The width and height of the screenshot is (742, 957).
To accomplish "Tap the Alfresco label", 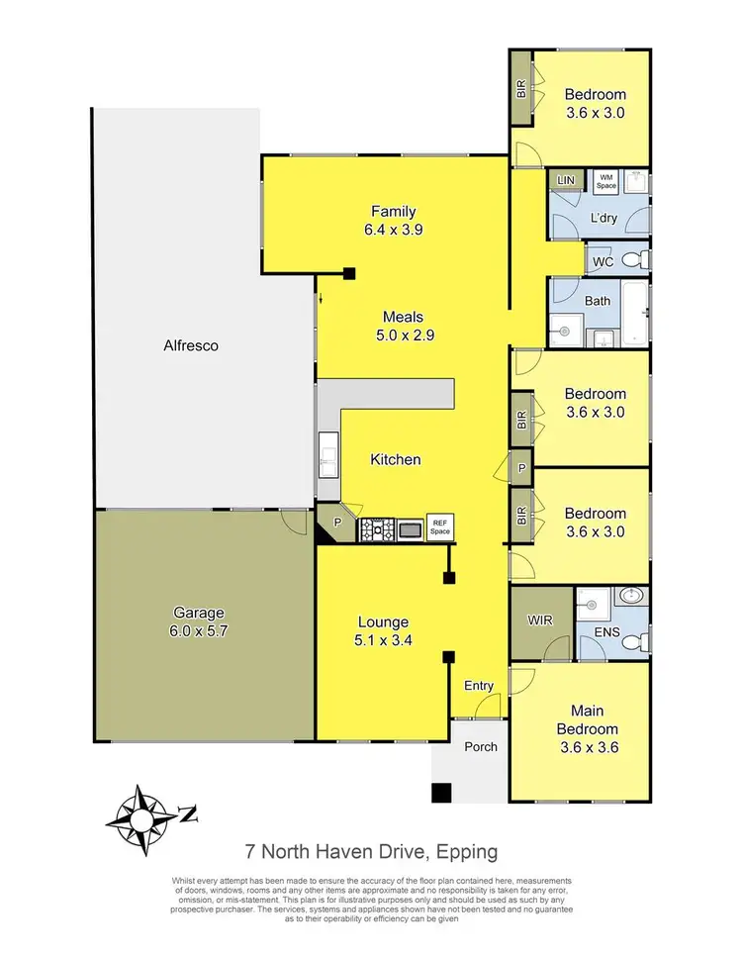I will [x=191, y=346].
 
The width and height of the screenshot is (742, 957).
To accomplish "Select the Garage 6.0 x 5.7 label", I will [x=198, y=621].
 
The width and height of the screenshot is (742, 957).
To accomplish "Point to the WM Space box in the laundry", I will [x=605, y=181].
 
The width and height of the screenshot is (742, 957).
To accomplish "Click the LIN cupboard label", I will [x=566, y=180].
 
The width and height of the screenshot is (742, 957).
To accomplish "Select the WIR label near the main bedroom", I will [x=541, y=622].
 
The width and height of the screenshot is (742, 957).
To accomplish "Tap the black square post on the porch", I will [x=441, y=792].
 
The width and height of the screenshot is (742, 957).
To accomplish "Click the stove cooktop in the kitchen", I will [x=376, y=529].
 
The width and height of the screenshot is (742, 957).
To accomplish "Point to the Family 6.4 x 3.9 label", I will [x=393, y=220].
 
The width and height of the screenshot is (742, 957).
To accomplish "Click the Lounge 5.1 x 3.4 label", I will [x=383, y=631].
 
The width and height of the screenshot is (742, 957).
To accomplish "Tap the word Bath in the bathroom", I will [x=598, y=301].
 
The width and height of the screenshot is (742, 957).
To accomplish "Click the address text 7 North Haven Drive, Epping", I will [x=371, y=851].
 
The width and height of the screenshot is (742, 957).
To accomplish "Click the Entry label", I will [x=479, y=686].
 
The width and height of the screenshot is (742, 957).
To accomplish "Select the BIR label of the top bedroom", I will [x=520, y=88].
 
